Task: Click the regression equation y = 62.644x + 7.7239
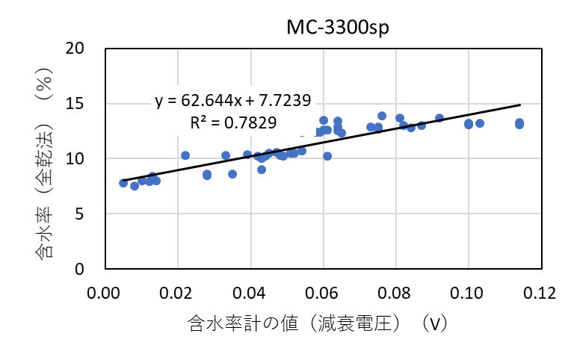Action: point(233,101)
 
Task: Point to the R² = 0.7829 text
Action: point(233,122)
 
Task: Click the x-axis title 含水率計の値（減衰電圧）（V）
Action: point(318,323)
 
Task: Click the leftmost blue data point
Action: point(123,183)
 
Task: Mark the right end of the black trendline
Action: point(519,105)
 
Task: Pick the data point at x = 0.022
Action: point(185,155)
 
